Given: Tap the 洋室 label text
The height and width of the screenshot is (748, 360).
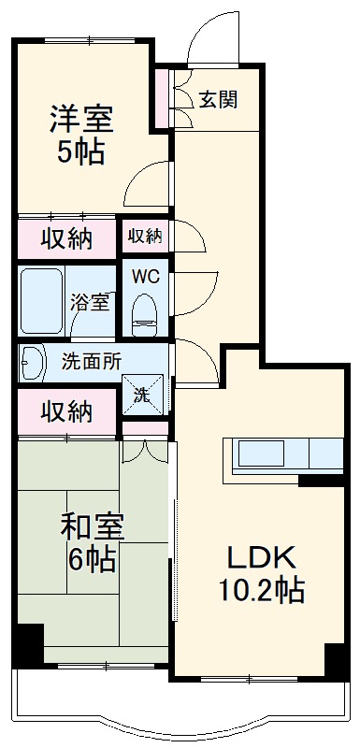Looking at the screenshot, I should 81,120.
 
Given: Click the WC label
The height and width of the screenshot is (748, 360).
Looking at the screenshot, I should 143,276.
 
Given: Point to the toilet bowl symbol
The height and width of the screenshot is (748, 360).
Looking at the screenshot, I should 143,311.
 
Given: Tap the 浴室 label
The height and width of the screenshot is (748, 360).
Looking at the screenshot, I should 91,302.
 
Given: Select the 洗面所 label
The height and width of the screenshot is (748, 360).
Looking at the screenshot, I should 91,360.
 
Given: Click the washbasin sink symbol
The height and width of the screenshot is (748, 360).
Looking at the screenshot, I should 33,361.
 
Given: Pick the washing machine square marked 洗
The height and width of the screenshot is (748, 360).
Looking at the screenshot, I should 142,394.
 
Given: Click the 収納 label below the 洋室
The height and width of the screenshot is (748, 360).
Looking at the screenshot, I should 65,238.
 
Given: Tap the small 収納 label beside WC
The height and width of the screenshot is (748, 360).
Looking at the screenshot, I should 144,237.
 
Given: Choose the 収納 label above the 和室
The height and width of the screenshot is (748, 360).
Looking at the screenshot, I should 65,410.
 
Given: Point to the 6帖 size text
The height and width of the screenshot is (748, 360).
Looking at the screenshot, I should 90,559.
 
